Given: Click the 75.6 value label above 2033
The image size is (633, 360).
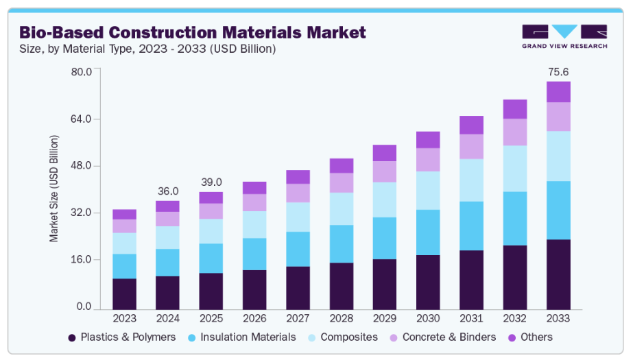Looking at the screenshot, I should [558, 71].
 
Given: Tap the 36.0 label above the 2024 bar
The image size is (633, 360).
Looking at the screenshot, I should [167, 191].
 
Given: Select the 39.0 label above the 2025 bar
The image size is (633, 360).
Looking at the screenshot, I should [211, 182].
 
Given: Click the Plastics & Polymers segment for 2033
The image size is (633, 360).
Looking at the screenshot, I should [558, 274].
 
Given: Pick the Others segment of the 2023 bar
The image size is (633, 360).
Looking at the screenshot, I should [124, 215].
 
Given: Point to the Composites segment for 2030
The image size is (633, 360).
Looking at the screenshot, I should [428, 190].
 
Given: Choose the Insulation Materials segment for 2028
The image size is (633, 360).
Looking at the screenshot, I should [341, 243].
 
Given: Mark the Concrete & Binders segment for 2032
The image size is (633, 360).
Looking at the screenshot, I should [515, 132].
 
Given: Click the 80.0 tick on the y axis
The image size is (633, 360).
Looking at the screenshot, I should [82, 71].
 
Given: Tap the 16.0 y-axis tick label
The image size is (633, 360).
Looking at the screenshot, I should [82, 259].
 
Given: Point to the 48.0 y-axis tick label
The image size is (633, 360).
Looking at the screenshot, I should [82, 165].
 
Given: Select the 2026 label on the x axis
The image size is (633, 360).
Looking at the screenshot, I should [254, 319].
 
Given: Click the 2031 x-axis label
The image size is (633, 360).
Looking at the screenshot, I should [471, 319].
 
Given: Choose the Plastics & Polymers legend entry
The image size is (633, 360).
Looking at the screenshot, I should [121, 337].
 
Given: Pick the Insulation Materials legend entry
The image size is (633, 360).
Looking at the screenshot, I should [242, 337].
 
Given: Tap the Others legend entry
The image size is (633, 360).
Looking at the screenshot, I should [529, 337].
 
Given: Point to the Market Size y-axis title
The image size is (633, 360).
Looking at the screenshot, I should [54, 189].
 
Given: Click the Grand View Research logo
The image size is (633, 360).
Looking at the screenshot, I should [564, 36].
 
